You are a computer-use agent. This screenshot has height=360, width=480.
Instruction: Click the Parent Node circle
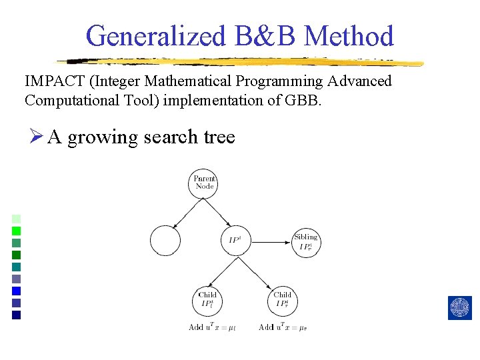click(x=205, y=182)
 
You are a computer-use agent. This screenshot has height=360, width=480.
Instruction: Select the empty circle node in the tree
click(x=165, y=241)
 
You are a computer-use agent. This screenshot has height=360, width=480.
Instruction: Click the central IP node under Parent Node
click(x=235, y=241)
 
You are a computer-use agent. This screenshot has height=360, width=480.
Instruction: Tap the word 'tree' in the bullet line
click(x=219, y=137)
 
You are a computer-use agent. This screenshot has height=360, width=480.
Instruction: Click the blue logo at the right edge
click(x=460, y=307)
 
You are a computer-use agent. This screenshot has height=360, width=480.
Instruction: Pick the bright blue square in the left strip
click(x=17, y=291)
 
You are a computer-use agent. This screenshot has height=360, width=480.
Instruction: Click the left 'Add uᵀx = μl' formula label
click(x=207, y=327)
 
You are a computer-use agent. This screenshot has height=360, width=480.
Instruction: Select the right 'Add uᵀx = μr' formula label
click(x=282, y=327)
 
